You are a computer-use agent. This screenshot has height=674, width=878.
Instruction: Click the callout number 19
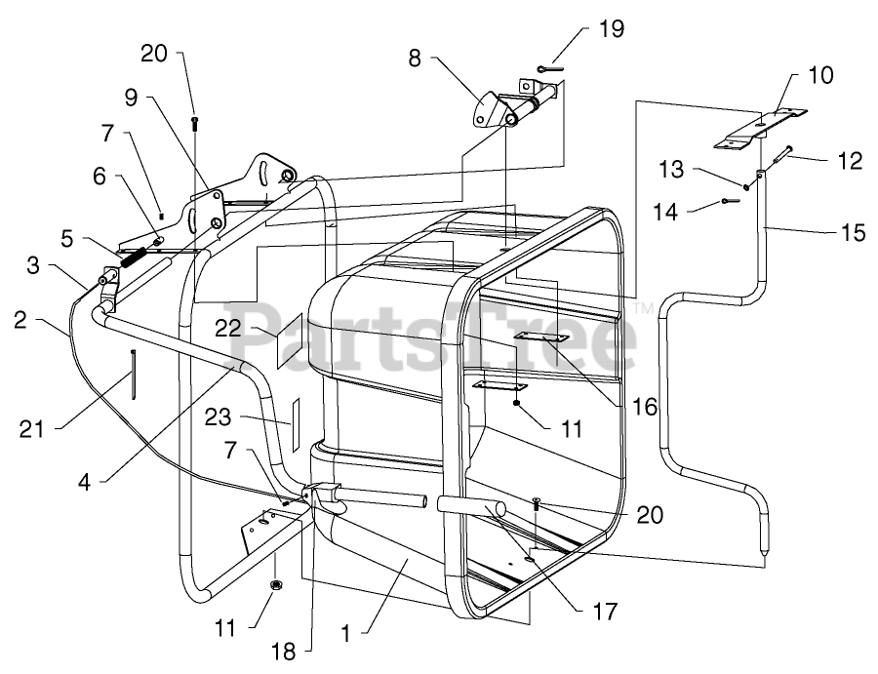pos(612,28)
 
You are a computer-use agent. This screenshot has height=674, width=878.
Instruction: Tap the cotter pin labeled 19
pos(552,69)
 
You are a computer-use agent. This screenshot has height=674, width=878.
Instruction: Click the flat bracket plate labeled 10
pos(760,129)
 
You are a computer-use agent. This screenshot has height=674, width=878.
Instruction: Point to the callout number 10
pos(820,75)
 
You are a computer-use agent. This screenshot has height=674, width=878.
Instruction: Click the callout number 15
pos(854,232)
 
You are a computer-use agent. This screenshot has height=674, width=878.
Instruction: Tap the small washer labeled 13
pos(747,187)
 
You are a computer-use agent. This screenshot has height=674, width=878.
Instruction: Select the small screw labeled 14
pos(731,200)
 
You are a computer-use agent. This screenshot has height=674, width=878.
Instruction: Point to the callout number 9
pos(131,98)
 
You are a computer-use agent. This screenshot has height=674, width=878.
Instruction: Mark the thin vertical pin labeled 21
pos(134,375)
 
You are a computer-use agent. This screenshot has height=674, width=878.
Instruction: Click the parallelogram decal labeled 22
pos(290,340)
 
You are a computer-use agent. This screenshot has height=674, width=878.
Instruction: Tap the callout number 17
pos(605,612)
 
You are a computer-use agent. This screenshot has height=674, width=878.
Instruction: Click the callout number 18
pos(283,651)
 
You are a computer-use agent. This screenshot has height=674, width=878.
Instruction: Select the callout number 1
pos(346,634)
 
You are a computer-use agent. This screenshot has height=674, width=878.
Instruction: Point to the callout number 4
pos(84,482)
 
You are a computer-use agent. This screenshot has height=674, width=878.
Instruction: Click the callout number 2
pos(20,320)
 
